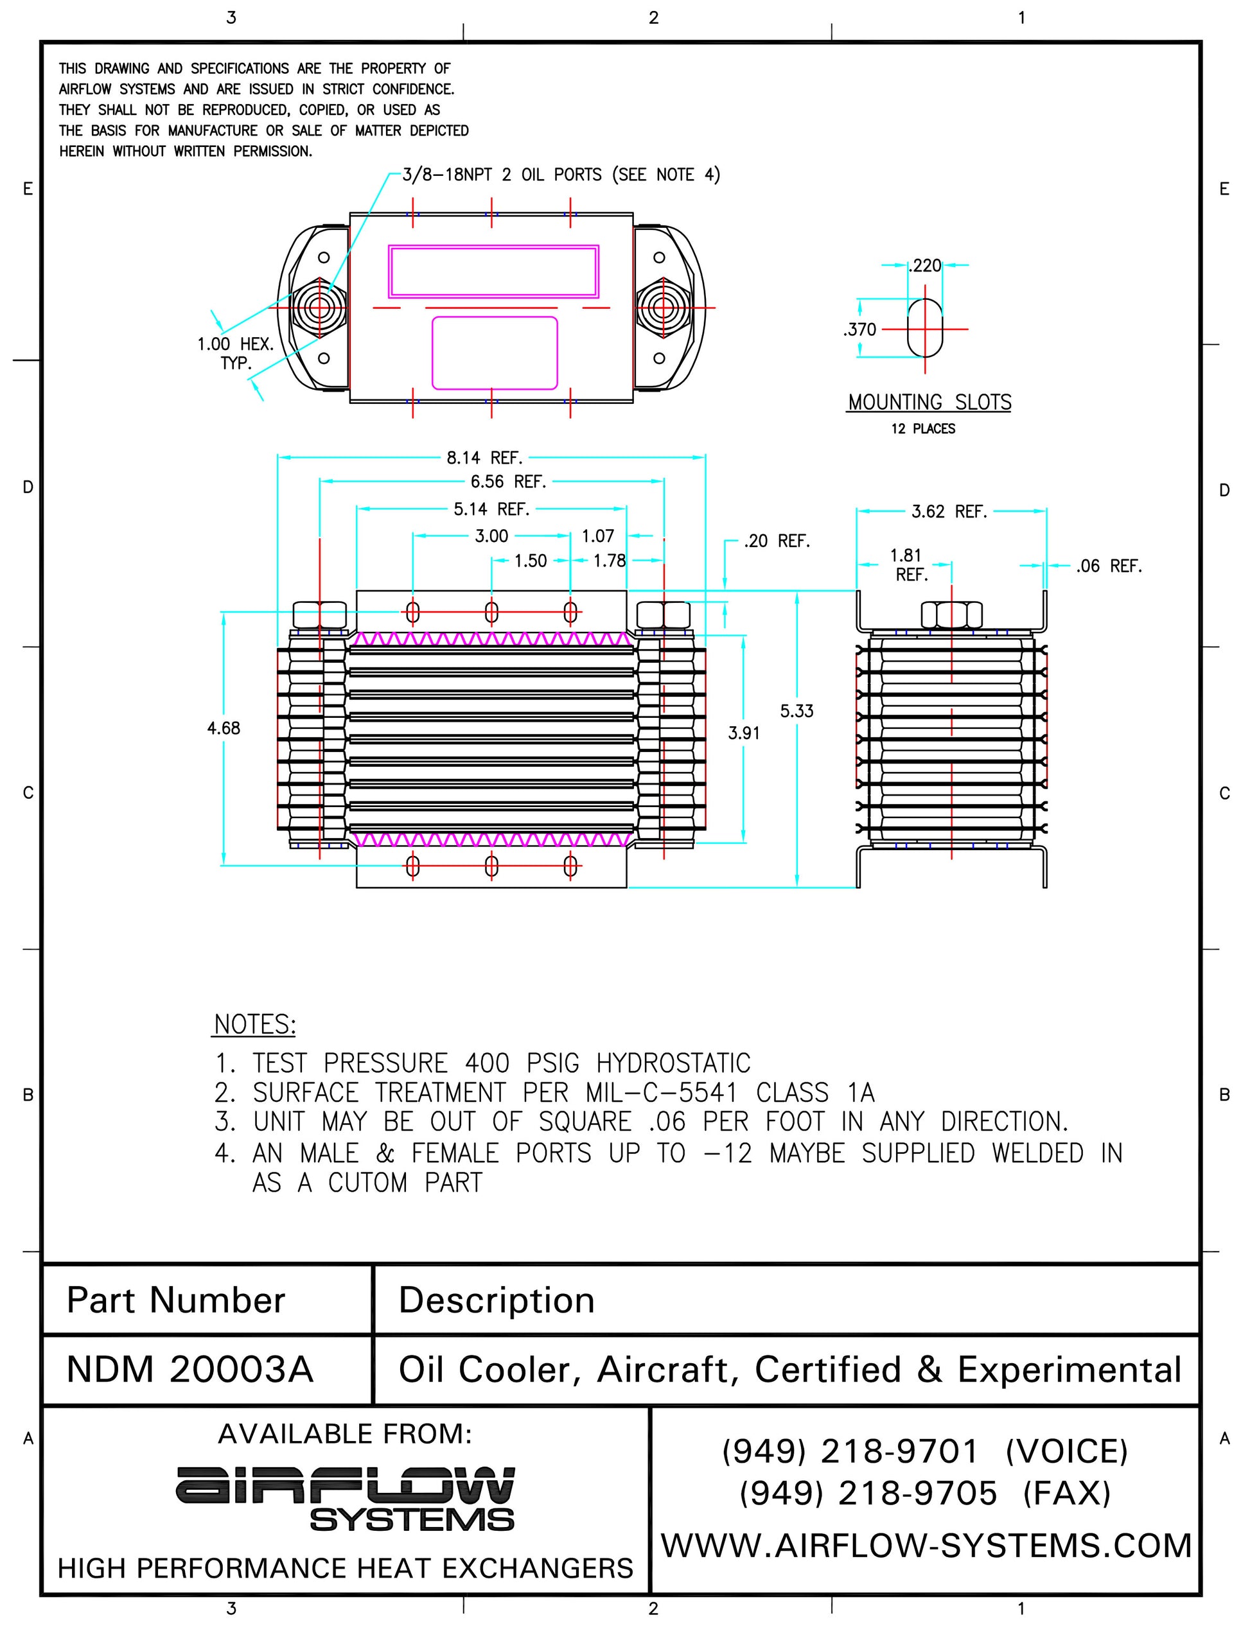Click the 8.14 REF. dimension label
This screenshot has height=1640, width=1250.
484,457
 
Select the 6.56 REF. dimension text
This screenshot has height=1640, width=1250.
508,482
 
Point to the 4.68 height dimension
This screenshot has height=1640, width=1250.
224,728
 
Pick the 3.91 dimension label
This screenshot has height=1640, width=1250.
743,733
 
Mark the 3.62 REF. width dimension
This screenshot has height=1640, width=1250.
949,512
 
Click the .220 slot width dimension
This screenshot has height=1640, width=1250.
926,266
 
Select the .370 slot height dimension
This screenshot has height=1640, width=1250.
859,329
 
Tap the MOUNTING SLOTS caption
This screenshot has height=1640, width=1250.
929,403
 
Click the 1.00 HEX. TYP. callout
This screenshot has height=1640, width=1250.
235,353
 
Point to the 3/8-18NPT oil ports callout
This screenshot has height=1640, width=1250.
561,175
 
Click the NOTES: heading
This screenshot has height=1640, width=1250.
254,1024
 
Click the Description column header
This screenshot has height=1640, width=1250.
497,1300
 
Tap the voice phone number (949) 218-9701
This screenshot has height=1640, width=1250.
850,1451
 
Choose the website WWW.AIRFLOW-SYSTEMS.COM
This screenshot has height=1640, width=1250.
926,1545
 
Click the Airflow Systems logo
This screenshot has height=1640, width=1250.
345,1497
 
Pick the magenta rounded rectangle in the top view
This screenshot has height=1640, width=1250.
494,353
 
